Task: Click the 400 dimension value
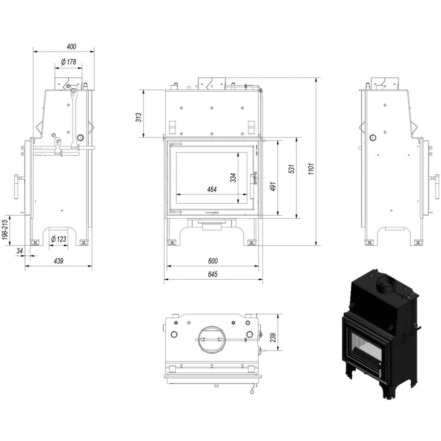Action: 72,47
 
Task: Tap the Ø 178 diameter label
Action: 68,62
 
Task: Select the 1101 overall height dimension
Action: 311,169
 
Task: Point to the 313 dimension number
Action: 139,117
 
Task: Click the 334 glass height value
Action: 233,178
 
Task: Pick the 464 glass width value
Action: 212,190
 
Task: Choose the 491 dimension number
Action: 273,187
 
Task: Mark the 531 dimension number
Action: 292,169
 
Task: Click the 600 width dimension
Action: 213,261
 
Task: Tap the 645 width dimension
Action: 213,274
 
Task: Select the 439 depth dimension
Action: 58,261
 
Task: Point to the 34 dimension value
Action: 19,251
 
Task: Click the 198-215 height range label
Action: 5,229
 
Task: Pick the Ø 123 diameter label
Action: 58,239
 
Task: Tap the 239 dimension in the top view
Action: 273,337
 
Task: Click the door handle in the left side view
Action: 18,187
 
